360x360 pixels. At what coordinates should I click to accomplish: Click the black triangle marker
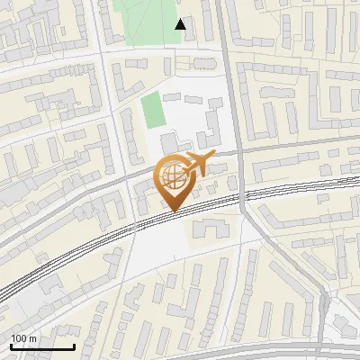tap(181, 24)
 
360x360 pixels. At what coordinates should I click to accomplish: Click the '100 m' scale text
tap(24, 338)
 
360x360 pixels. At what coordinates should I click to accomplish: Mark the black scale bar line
tap(42, 346)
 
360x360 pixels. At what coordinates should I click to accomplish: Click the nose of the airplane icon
tap(214, 157)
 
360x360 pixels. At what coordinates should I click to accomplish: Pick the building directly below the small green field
tap(169, 143)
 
